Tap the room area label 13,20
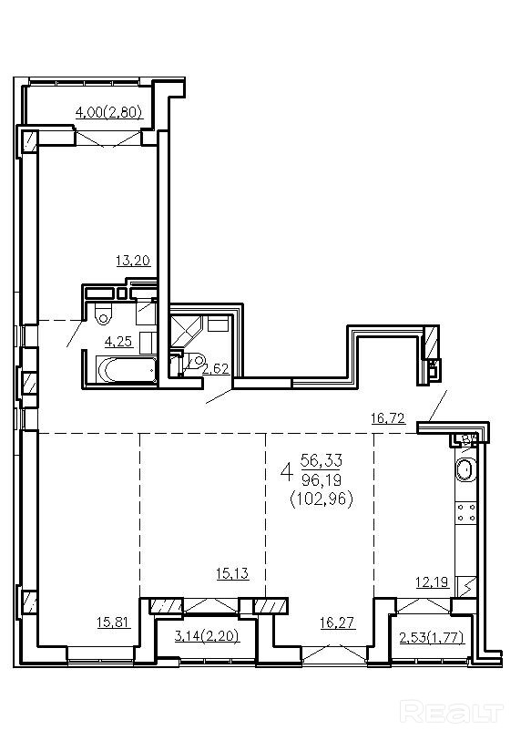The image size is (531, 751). pos(133,261)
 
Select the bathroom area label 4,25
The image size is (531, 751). pos(118,342)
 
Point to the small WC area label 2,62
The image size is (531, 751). pos(216,369)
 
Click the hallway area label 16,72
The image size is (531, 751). pos(388,418)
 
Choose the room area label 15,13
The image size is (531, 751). pos(232,573)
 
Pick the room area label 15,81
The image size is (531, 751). pos(114,622)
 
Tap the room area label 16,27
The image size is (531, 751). pos(338,622)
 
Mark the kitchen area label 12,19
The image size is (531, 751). pos(432,582)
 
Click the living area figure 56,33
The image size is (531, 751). pos(322,461)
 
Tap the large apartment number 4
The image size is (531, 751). pos(286,472)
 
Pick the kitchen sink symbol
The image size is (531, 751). pos(465,469)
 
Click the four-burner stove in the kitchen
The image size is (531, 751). pos(466,511)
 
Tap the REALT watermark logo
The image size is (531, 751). pos(452,713)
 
